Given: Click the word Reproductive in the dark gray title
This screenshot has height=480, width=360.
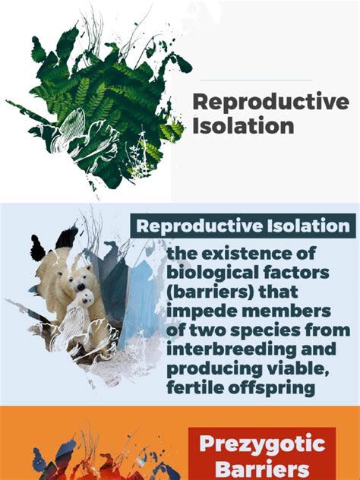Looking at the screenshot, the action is (x=271, y=103).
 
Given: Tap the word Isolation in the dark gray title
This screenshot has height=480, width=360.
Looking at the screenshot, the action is (x=243, y=125).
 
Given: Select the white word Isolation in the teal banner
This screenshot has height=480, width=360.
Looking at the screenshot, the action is (x=308, y=226).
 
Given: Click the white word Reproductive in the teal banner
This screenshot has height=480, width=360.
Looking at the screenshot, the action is (x=199, y=226).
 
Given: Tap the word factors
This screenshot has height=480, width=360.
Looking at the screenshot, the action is (x=296, y=272).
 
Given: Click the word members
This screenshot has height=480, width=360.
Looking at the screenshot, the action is (x=286, y=311).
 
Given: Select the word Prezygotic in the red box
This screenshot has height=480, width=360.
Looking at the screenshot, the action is (x=262, y=444).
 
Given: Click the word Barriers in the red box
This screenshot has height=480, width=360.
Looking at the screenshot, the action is (x=262, y=469).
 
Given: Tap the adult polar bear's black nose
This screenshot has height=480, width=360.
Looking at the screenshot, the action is (x=81, y=286).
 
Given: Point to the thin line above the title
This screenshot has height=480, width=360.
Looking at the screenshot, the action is (x=256, y=81).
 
